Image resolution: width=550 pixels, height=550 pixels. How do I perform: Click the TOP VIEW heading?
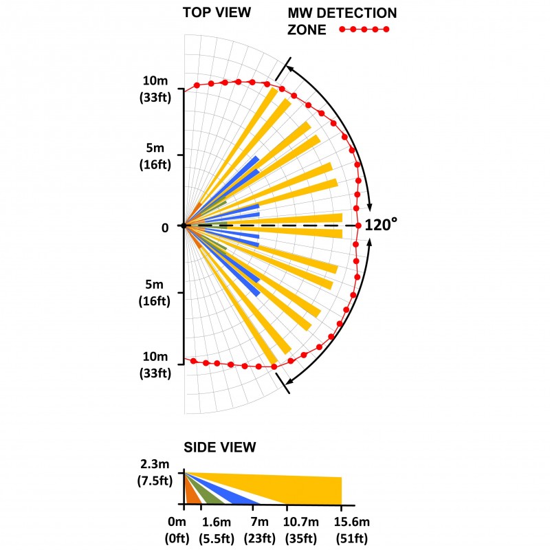[x=217, y=12]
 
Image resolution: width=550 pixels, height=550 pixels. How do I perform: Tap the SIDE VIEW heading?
[x=220, y=448]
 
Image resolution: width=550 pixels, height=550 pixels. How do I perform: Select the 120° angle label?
[x=381, y=225]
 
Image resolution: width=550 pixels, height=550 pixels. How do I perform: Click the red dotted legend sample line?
[x=364, y=30]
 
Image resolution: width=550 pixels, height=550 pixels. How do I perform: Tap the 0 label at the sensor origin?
[x=165, y=227]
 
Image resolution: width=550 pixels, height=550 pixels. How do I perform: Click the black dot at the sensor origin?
[x=184, y=225]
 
